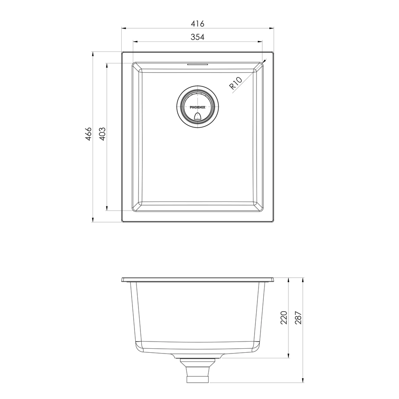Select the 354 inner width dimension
point(198,37)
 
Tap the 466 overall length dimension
point(88,134)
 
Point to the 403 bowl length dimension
point(102,134)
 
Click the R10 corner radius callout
point(236,85)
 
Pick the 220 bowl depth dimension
point(284,318)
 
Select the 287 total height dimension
point(298,318)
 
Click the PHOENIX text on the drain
point(198,107)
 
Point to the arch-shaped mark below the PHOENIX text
point(198,116)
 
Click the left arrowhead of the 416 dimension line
point(123,28)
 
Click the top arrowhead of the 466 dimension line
point(93,53)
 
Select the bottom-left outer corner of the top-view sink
point(122,221)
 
